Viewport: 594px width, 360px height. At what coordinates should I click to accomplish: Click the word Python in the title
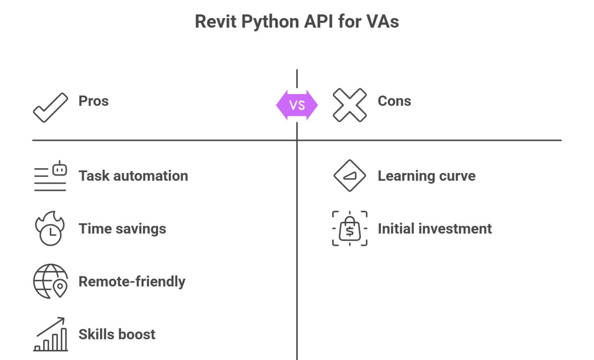pos(270,22)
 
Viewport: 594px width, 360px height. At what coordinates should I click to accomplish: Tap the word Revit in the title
pos(215,22)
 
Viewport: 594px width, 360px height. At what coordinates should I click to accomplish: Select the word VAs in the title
pos(382,22)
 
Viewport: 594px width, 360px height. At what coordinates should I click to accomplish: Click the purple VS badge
pos(297,105)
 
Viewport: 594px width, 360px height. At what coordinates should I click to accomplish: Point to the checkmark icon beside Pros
pos(51,107)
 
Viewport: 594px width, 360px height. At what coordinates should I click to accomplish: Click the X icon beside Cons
pos(350,105)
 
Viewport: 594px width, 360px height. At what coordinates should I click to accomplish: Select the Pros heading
pos(93,101)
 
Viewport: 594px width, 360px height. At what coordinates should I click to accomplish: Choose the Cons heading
pos(394,101)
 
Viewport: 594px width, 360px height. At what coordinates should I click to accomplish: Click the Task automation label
pos(133,176)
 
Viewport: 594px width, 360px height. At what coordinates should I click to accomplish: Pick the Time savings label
pos(122,229)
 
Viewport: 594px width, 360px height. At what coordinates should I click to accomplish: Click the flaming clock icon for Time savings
pos(50,228)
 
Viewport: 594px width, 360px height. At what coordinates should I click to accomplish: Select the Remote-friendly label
pos(132,282)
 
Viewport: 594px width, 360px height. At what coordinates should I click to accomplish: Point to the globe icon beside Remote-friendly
pos(51,281)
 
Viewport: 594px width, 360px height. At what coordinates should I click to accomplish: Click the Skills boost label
pos(117,334)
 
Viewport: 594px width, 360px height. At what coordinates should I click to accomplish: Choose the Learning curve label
pos(426,176)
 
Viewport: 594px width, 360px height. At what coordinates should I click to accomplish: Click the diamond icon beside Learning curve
pos(350,176)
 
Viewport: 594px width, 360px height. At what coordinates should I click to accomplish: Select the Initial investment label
pos(435,229)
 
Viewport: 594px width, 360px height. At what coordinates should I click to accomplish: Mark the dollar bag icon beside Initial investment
pos(350,229)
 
